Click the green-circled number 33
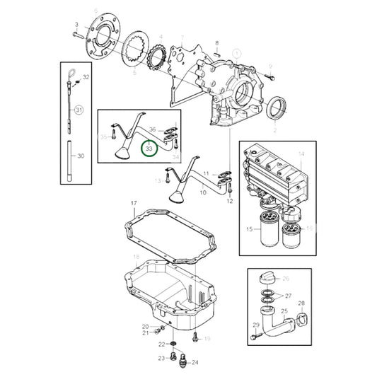coord(149,149)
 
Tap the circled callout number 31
coord(79,110)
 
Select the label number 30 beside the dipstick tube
coord(81,156)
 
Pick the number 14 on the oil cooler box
coord(300,153)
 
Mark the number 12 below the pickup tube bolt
coord(229,201)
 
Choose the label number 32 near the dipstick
coord(86,76)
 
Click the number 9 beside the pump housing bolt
coord(270,67)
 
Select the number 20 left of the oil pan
coord(145,326)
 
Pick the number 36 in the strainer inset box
coord(152,129)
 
